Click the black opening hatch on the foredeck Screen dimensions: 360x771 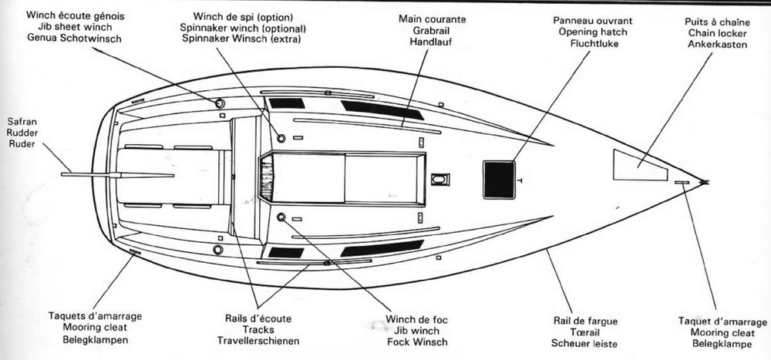(x=499, y=179)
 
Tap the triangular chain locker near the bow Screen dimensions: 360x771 (x=637, y=165)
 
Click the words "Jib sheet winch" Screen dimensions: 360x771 (x=75, y=28)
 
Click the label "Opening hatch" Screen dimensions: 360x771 (x=588, y=32)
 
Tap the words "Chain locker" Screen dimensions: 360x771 (x=717, y=33)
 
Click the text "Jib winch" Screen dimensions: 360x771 (x=417, y=331)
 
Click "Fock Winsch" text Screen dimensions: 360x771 (x=417, y=342)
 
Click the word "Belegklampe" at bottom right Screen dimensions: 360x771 (x=722, y=343)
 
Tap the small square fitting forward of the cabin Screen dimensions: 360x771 (x=439, y=180)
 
